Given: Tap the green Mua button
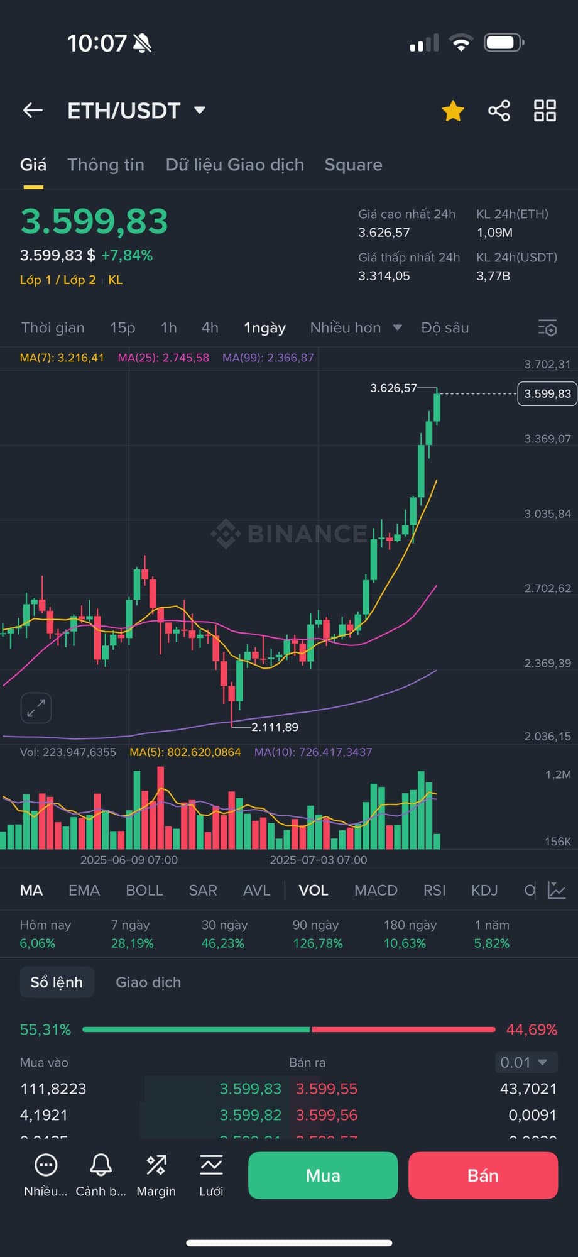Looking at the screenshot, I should coord(323,1175).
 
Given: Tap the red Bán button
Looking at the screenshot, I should coord(483,1175).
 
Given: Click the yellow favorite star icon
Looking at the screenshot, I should coord(453,111).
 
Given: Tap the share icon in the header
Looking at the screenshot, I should coord(499,111).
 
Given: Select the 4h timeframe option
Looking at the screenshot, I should coord(210,327).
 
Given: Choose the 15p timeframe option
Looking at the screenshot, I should coord(123,327).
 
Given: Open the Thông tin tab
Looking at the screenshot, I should coord(106,165).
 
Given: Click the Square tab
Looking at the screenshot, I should coord(353,165).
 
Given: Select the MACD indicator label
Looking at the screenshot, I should coord(376,890).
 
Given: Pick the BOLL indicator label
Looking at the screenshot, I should coord(144,890).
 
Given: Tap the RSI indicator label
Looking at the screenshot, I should coord(434,890).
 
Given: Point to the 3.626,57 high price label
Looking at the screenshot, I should coord(393,388).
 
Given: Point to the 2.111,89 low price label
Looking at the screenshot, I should coord(275,727).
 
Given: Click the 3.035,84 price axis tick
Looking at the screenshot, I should coord(547,513).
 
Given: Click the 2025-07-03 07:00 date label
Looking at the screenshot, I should coord(319,860).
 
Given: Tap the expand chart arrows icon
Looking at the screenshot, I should coord(36,708).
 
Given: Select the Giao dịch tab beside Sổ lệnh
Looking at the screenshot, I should coord(148,982).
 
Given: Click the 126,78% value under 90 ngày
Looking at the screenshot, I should coord(318,943).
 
